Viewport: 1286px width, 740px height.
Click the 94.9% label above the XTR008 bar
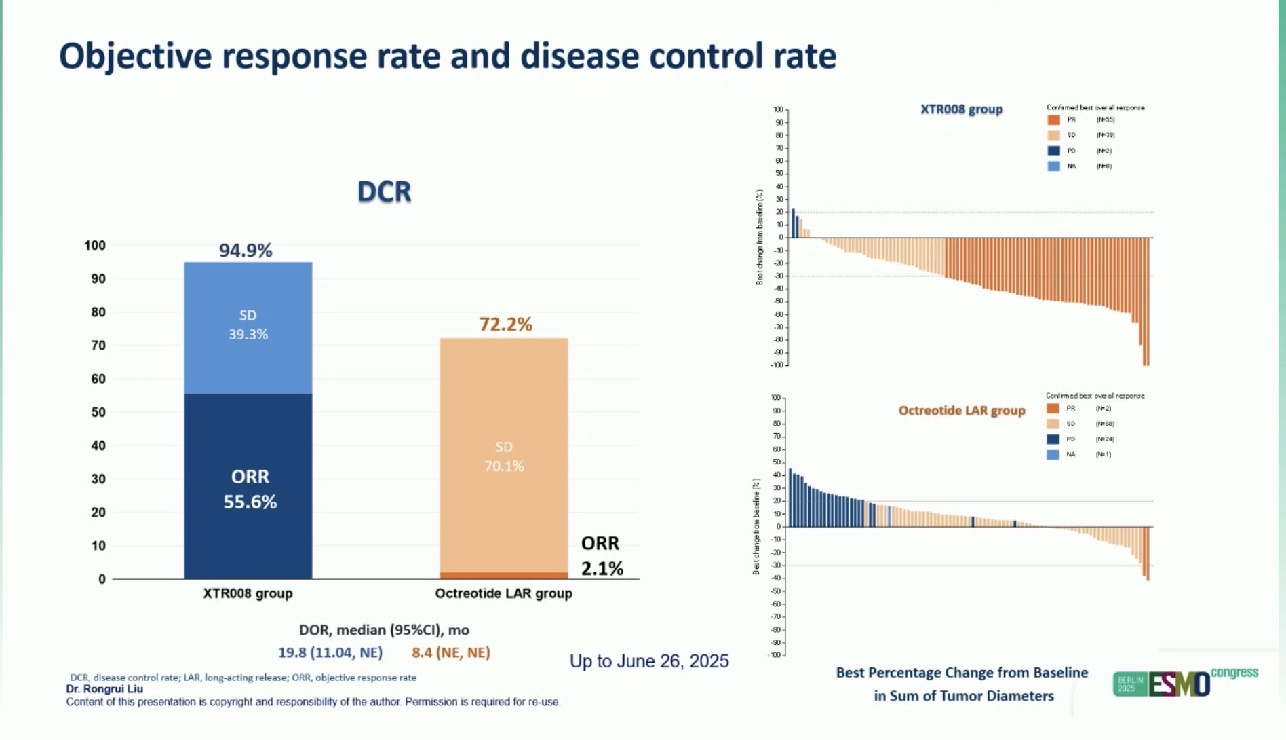point(246,251)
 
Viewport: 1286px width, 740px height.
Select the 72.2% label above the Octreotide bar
point(505,325)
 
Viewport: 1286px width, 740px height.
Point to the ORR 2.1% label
point(601,556)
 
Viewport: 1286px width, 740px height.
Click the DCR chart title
point(384,192)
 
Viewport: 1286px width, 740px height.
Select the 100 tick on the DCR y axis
point(95,245)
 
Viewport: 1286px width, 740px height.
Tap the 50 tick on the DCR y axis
point(98,412)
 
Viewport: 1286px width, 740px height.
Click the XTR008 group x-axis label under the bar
point(248,593)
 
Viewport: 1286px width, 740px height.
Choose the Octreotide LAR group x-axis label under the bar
point(503,593)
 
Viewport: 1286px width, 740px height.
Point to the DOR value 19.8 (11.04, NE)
point(330,652)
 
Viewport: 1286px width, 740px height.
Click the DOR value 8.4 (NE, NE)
point(451,652)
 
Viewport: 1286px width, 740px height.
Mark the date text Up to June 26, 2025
point(649,661)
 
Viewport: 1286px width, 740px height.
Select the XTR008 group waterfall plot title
point(961,109)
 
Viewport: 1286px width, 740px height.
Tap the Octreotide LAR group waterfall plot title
point(961,411)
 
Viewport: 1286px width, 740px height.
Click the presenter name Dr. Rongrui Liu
point(104,689)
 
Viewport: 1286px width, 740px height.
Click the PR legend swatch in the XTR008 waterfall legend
point(1053,119)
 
